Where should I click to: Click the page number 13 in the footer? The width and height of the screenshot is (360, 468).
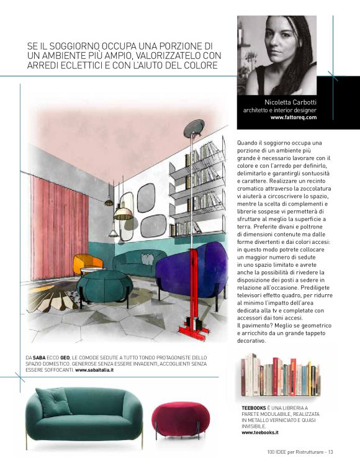[331, 451]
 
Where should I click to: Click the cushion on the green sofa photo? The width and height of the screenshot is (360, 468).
[54, 401]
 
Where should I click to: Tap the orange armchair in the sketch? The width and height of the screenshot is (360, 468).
[88, 263]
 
